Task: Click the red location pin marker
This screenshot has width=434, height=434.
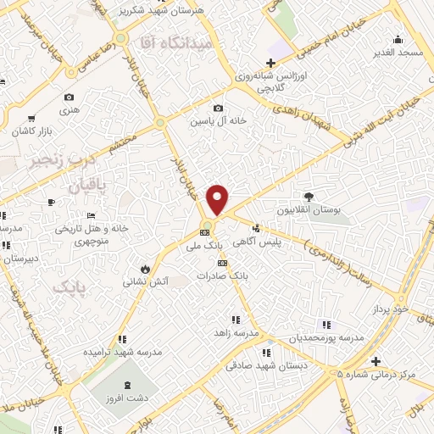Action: pyautogui.click(x=218, y=198)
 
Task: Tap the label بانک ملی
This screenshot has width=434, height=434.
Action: pyautogui.click(x=209, y=245)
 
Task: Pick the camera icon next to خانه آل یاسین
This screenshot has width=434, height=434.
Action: pyautogui.click(x=219, y=108)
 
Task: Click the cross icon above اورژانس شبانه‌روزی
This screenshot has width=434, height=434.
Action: pyautogui.click(x=270, y=63)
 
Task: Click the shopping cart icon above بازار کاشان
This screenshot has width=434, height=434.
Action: pyautogui.click(x=31, y=118)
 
